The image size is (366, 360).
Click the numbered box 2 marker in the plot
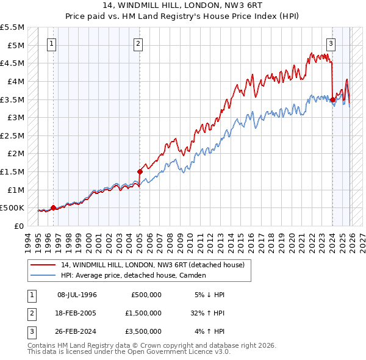[x=139, y=43]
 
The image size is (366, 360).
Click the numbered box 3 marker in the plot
[x=331, y=43]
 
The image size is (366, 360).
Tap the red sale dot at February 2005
[x=140, y=172]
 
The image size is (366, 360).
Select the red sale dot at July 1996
[x=53, y=207]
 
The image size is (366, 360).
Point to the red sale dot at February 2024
[x=332, y=99]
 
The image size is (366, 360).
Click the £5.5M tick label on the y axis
[x=13, y=27]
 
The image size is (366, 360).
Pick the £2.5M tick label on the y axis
[x=13, y=135]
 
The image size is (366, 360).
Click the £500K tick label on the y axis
[x=12, y=208]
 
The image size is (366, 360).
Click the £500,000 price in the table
[x=146, y=295]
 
